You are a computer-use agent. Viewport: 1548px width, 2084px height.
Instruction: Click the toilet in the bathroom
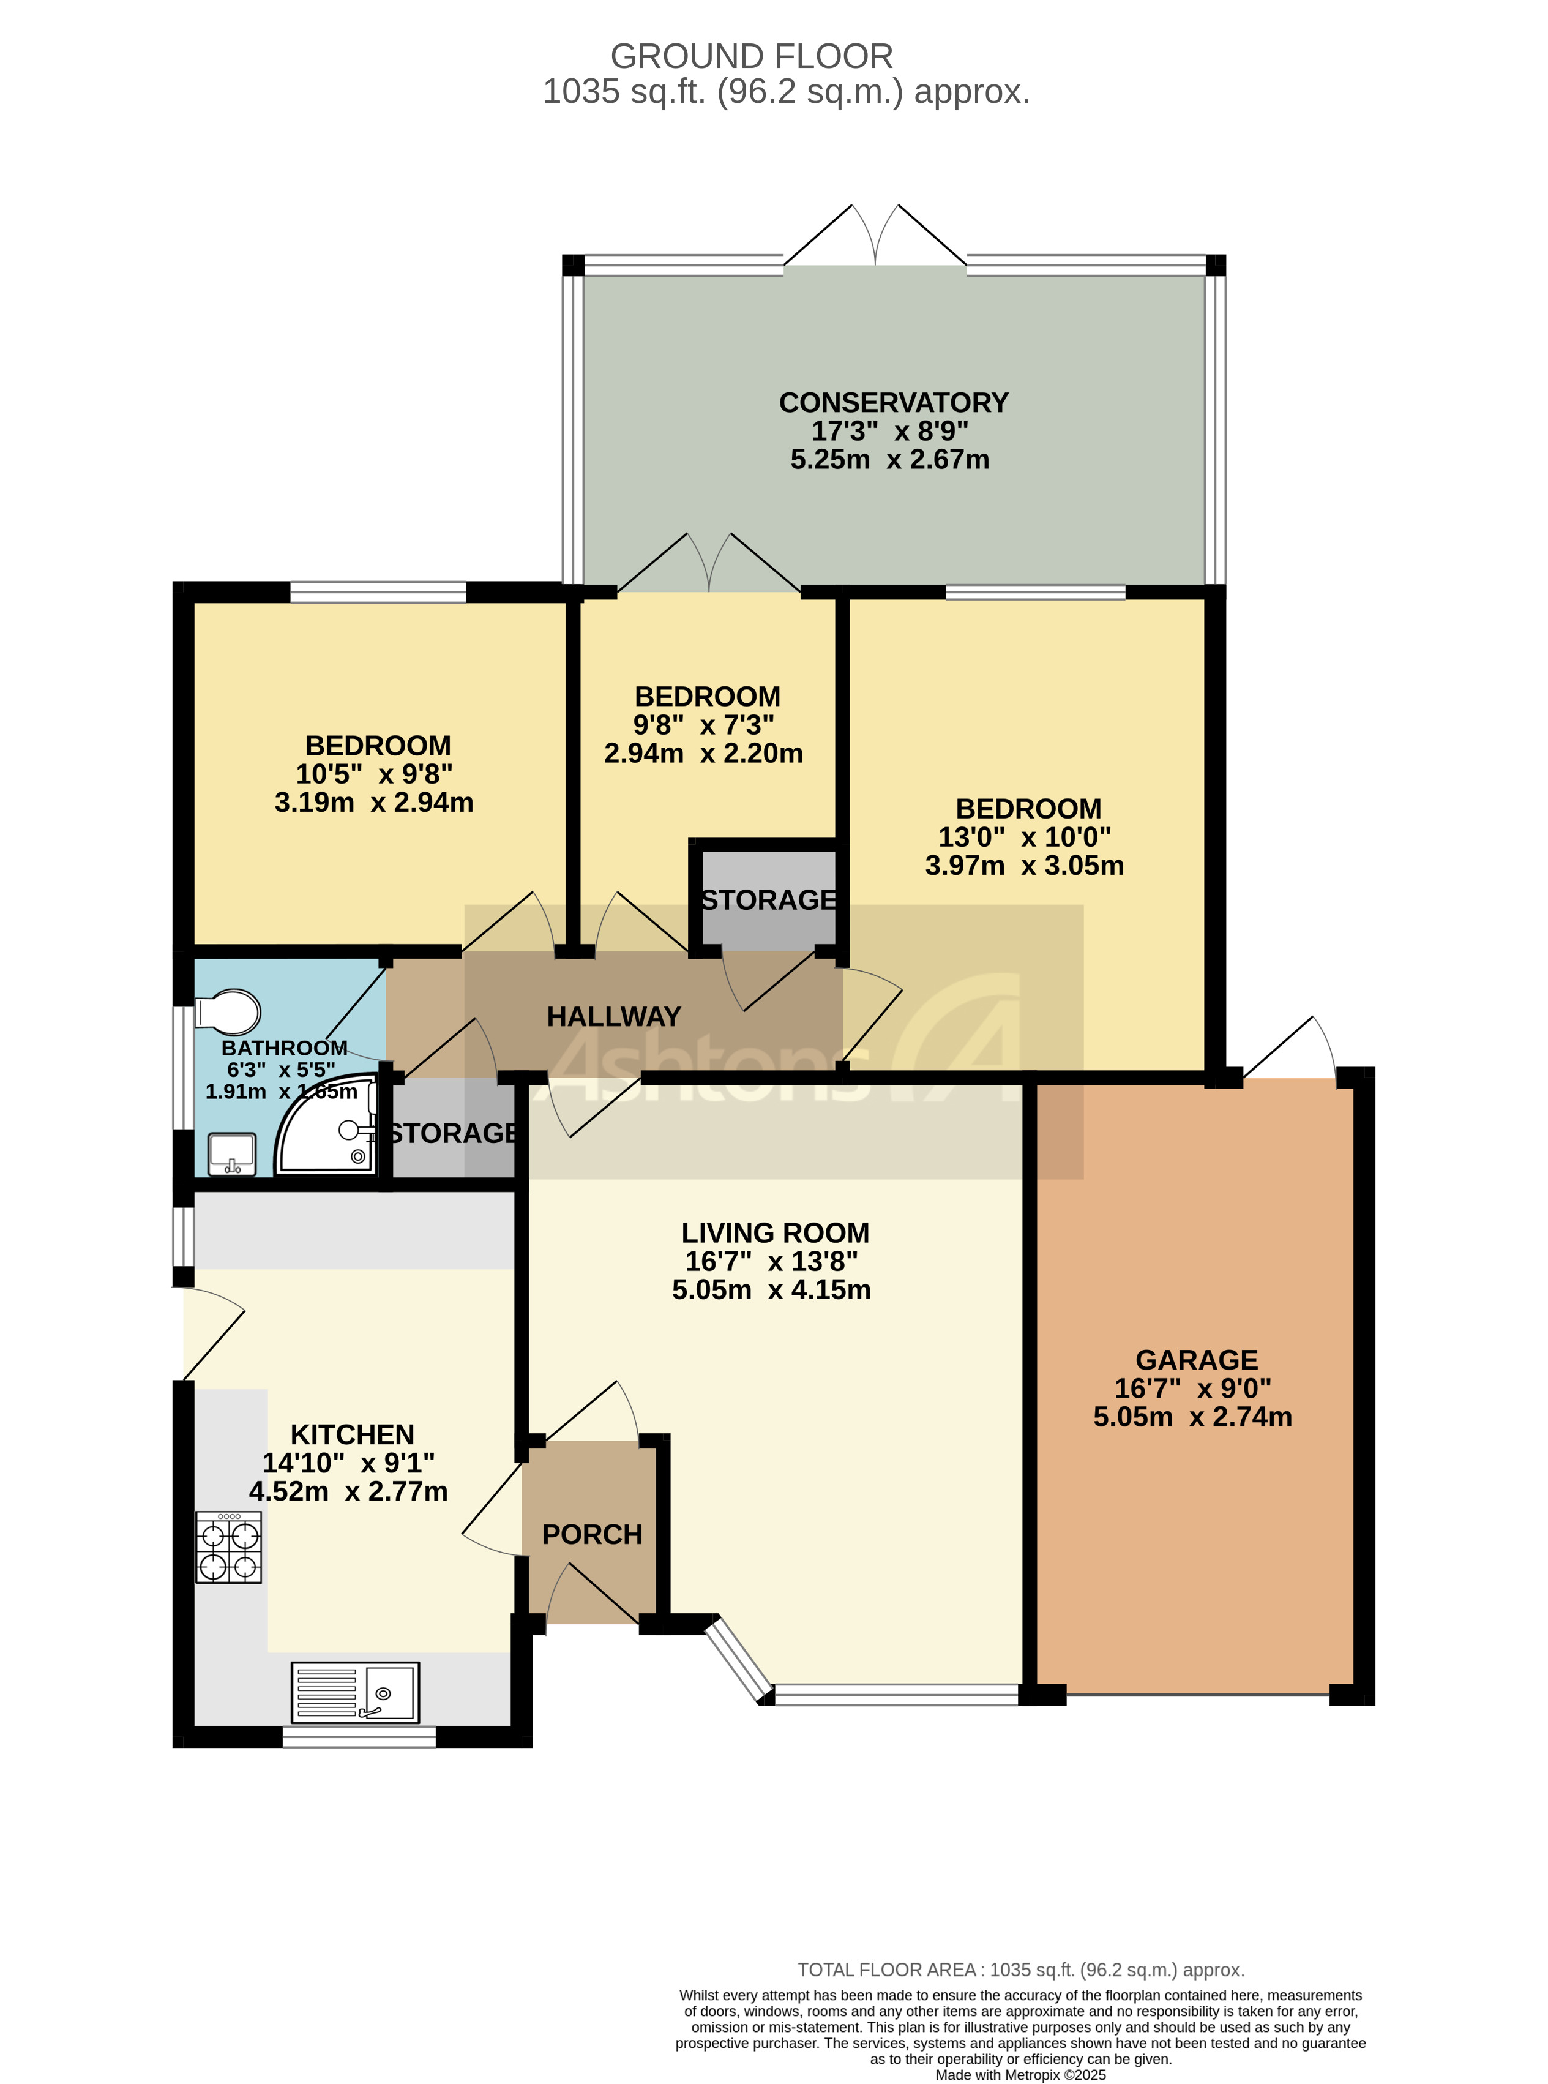coord(228,1013)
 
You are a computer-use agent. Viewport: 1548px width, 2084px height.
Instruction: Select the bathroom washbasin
coord(231,1153)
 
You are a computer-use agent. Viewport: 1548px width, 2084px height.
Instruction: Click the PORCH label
coord(593,1535)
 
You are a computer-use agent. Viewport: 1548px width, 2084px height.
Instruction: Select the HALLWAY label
coord(614,1017)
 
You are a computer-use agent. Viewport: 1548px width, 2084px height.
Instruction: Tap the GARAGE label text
coord(1197,1360)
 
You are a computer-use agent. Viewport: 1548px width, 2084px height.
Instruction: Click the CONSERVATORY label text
coord(893,403)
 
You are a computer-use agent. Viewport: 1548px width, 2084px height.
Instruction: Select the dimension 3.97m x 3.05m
coord(1024,866)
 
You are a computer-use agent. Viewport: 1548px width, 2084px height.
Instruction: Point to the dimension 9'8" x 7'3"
coord(704,725)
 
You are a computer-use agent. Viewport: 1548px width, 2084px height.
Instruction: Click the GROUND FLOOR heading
coord(752,56)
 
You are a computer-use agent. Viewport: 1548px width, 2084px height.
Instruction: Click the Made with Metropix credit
coord(1020,2075)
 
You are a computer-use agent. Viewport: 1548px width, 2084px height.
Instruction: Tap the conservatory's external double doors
coord(875,239)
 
